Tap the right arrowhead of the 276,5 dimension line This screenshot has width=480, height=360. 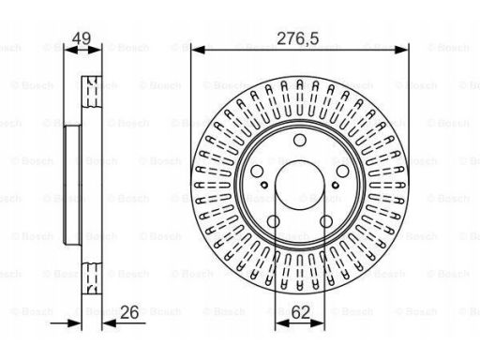tap(406, 51)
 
